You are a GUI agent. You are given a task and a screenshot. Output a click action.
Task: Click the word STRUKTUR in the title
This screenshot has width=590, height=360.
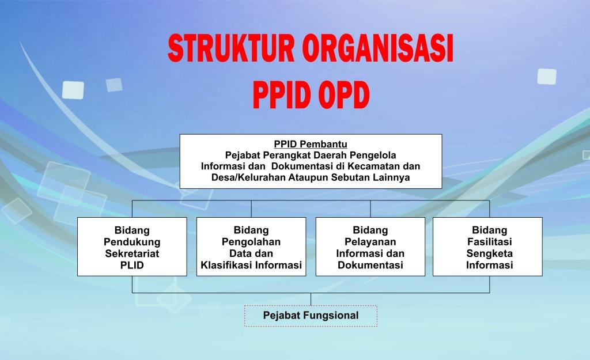pyautogui.click(x=231, y=48)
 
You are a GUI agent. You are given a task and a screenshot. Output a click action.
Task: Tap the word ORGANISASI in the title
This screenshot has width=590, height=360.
pyautogui.click(x=378, y=48)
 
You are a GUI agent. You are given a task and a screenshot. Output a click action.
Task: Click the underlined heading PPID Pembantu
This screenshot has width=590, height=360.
pyautogui.click(x=311, y=144)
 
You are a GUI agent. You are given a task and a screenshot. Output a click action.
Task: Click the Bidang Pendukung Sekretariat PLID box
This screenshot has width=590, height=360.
pyautogui.click(x=132, y=247)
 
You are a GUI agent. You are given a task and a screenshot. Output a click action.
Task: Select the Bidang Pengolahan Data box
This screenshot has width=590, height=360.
pyautogui.click(x=251, y=247)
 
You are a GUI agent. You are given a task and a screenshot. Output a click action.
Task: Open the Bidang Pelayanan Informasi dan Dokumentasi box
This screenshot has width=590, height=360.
pyautogui.click(x=370, y=247)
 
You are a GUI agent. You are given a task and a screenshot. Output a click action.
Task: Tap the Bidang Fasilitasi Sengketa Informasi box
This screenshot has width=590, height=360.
pyautogui.click(x=487, y=247)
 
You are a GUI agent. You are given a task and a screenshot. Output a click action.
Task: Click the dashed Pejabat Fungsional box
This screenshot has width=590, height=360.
pyautogui.click(x=311, y=316)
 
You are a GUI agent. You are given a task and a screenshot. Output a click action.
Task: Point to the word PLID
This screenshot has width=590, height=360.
pyautogui.click(x=132, y=265)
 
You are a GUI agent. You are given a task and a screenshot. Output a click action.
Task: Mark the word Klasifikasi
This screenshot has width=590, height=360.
pyautogui.click(x=226, y=265)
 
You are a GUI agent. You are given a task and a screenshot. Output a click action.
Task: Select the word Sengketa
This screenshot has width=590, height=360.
pyautogui.click(x=490, y=253)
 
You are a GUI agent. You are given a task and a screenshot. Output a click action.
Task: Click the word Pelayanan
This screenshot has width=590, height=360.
pyautogui.click(x=370, y=242)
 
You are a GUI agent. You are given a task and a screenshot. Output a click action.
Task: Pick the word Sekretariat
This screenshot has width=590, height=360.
pyautogui.click(x=132, y=253)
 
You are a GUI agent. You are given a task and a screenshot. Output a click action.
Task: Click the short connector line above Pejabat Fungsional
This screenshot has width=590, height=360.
pyautogui.click(x=311, y=299)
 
